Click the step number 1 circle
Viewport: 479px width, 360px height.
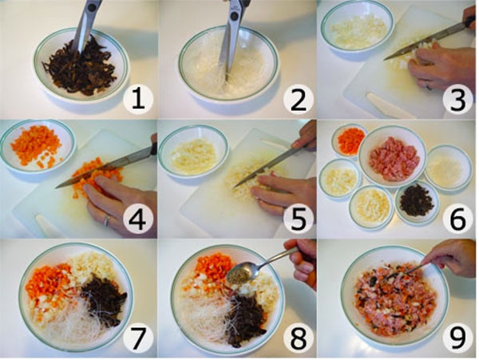coord(138,99)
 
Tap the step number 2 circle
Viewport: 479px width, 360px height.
coord(299,99)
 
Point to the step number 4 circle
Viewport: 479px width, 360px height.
coord(138,219)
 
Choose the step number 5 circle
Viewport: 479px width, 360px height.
coord(299,219)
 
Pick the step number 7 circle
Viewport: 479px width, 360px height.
coord(138,338)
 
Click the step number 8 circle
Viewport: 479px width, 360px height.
coord(299,338)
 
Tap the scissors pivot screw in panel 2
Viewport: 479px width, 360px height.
coord(234,16)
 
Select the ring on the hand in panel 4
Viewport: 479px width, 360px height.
coord(106,220)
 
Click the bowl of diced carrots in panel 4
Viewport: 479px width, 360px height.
coord(38,146)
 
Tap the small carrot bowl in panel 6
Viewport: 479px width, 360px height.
coord(349,140)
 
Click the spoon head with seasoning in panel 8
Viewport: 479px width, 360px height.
coord(240,274)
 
